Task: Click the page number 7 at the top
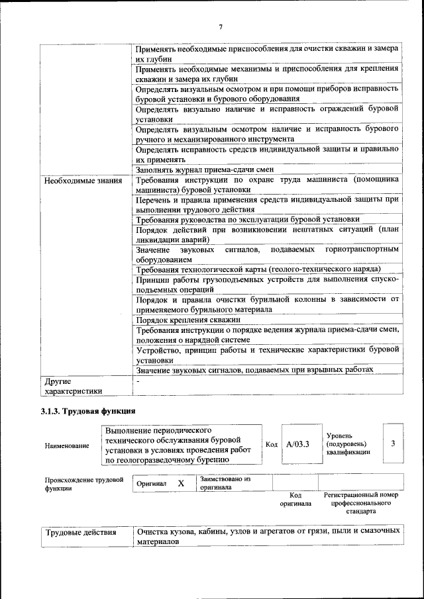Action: coord(221,26)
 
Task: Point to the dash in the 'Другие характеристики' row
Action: coord(138,381)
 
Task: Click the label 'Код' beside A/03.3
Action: coord(271,444)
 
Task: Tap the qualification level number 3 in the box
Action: coord(394,443)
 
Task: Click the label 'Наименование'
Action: coord(67,446)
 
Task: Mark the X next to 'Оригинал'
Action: coord(181,483)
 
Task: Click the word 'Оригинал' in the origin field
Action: coord(151,484)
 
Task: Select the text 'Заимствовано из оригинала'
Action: coord(225,483)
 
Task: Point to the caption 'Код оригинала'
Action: coord(295,499)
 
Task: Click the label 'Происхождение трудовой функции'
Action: coord(84,484)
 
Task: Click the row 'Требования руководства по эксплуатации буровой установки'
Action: coord(248,219)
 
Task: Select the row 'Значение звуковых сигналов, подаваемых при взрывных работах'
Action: coord(254,369)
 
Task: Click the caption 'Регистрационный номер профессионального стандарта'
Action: coord(360,503)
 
